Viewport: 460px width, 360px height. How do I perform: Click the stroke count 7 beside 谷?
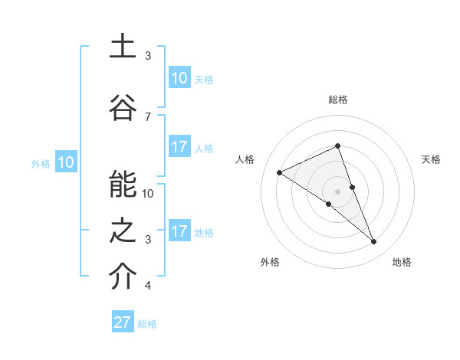pos(147,116)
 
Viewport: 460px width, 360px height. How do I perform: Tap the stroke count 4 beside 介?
pos(148,286)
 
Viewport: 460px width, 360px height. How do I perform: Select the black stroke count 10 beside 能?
pos(149,194)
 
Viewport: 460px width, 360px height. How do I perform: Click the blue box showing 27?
pos(123,322)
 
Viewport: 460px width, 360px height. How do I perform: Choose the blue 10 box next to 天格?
pos(179,78)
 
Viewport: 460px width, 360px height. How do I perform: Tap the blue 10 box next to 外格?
pos(65,162)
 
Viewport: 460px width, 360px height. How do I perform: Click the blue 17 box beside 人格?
pos(179,147)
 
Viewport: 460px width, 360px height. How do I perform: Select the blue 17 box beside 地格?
pos(179,231)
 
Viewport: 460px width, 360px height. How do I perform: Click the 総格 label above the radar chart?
pos(337,100)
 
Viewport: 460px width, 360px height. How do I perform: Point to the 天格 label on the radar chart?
pos(431,159)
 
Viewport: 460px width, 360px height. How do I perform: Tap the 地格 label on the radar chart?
pos(402,262)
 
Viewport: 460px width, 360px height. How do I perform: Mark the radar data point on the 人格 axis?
pos(280,173)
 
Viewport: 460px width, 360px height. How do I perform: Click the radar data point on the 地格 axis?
pos(374,242)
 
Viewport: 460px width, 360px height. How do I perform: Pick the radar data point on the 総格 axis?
pos(337,146)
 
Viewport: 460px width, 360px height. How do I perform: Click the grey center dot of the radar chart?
pos(337,191)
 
